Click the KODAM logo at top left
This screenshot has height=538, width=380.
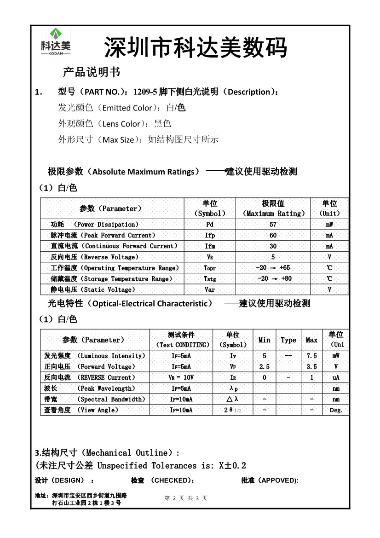(55, 42)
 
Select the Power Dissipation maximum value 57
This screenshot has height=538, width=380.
(273, 225)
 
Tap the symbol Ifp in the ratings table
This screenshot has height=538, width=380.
(210, 236)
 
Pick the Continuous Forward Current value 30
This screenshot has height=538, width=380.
(273, 246)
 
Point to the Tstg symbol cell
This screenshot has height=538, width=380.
(210, 279)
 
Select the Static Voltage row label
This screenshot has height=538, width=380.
(93, 290)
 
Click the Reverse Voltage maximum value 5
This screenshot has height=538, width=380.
(273, 257)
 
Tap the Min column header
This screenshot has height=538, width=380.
(264, 340)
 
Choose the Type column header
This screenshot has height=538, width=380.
(288, 340)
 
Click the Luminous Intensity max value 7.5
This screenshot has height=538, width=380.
(311, 356)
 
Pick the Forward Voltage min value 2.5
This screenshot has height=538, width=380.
(264, 367)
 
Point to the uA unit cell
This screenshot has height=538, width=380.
(336, 377)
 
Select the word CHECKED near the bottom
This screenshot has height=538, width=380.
(172, 480)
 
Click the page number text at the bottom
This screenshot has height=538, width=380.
(186, 498)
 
